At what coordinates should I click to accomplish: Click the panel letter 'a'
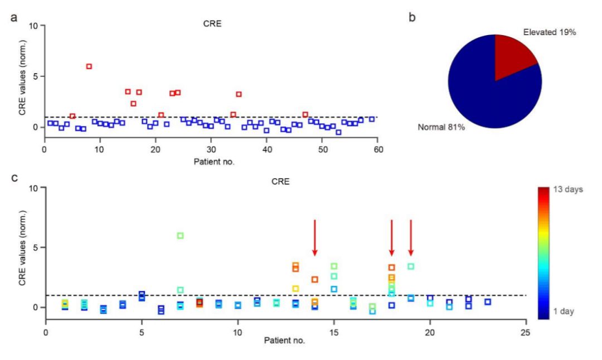click(13, 17)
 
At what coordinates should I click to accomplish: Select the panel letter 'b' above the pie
click(412, 17)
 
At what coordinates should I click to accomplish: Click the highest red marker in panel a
click(89, 66)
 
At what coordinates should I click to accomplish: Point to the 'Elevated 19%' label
click(549, 32)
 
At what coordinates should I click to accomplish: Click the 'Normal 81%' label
click(441, 127)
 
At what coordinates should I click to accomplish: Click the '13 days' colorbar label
click(567, 189)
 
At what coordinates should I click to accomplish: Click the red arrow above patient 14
click(315, 237)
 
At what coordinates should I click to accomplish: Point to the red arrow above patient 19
click(411, 237)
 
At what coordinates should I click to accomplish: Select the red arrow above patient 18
click(392, 237)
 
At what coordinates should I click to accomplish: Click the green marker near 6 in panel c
click(180, 236)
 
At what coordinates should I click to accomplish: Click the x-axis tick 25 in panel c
click(526, 331)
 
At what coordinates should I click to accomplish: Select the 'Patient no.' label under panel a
click(214, 162)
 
